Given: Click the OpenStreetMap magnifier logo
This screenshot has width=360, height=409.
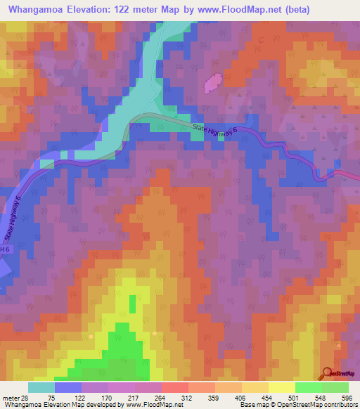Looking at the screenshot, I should point(327,373).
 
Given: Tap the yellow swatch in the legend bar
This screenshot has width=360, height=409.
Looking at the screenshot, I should point(281,387).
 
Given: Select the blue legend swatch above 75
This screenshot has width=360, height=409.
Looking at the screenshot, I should point(68,387).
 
